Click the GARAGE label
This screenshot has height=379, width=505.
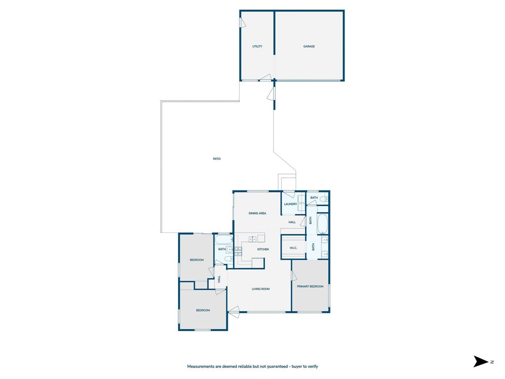click(309, 46)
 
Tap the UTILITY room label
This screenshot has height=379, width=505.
click(257, 46)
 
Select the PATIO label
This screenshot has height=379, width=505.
click(216, 159)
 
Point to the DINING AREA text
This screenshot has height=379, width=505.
click(257, 213)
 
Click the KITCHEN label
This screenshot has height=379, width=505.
click(263, 249)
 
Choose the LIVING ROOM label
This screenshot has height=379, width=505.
click(260, 289)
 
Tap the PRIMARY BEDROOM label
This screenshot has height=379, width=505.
click(310, 286)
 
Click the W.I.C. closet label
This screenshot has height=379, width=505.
click(293, 248)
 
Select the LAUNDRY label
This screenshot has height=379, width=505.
click(290, 204)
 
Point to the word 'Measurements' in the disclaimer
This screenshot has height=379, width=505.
click(201, 367)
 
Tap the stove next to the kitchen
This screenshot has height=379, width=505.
click(238, 251)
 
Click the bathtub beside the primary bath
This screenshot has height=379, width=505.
click(323, 224)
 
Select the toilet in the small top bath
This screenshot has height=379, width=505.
click(323, 199)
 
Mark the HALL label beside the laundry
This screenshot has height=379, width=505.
click(292, 222)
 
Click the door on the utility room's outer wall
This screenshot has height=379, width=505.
click(242, 23)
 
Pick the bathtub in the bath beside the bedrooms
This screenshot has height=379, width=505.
click(224, 240)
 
